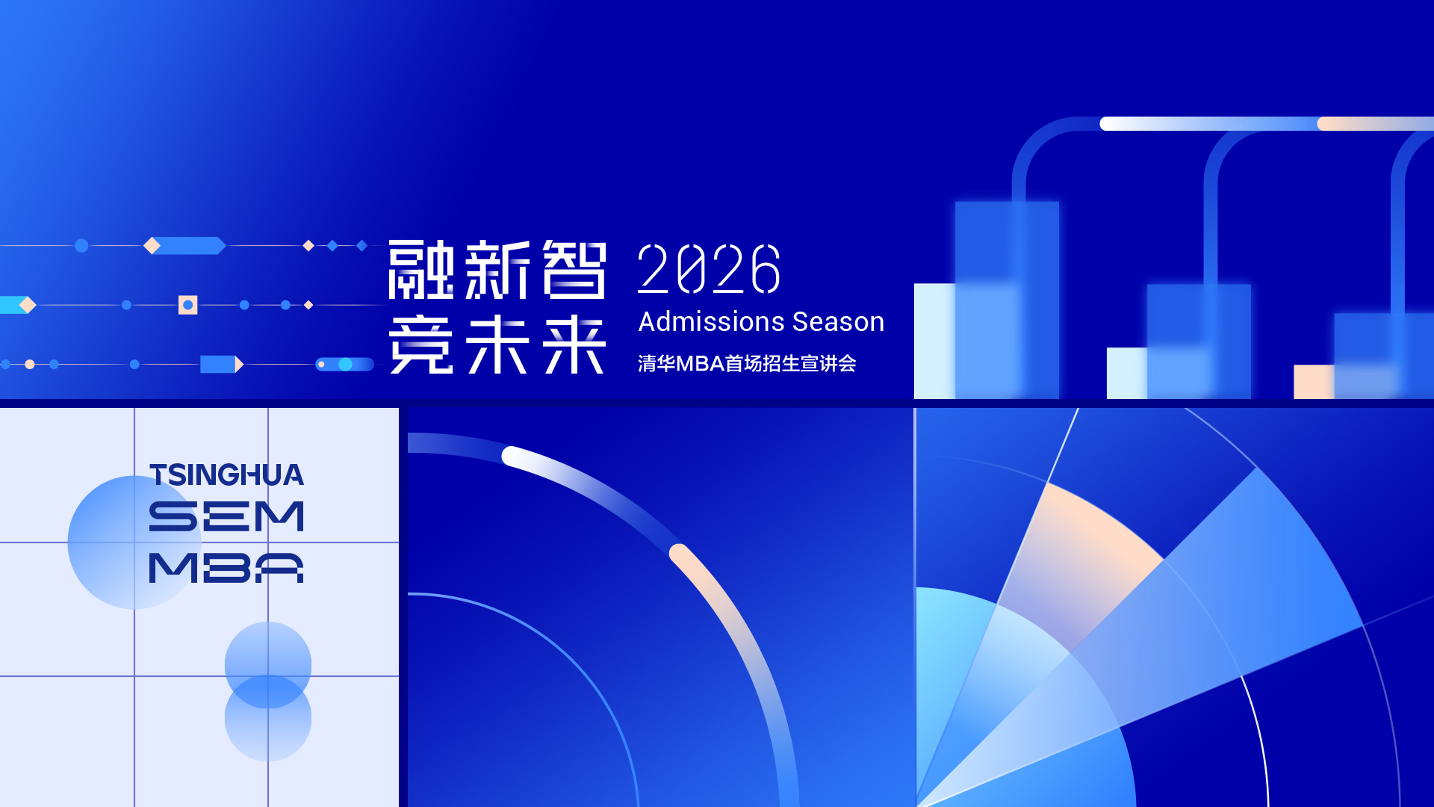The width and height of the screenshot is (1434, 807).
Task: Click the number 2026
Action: (x=709, y=268)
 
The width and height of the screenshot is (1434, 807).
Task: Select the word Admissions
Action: (x=711, y=322)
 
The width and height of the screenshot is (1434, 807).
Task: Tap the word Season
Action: (x=838, y=322)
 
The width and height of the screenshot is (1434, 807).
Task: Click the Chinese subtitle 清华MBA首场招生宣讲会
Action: (x=747, y=364)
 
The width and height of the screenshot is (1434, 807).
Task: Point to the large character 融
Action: (x=421, y=269)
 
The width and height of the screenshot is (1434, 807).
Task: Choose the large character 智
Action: (x=574, y=269)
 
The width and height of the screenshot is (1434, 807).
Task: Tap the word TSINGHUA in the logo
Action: (x=227, y=475)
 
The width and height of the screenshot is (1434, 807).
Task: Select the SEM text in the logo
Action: (x=227, y=516)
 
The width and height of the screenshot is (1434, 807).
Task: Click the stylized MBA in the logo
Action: (x=227, y=568)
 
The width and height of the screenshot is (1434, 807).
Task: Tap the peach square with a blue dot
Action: (x=188, y=305)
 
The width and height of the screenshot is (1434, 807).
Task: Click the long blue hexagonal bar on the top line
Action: (x=189, y=245)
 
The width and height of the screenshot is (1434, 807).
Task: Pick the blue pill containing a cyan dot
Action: (x=345, y=365)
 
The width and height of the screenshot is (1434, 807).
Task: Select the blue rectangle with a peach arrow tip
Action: (x=222, y=365)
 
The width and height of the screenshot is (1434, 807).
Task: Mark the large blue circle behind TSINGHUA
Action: (x=134, y=542)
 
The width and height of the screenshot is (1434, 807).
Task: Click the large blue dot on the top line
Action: (x=81, y=245)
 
